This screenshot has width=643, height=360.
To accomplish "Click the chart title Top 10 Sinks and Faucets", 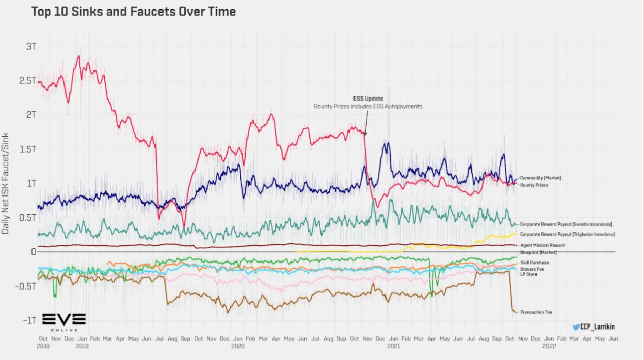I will (133, 11).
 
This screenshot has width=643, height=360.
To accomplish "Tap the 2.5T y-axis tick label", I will (27, 81).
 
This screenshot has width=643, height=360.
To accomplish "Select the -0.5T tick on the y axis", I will (25, 286).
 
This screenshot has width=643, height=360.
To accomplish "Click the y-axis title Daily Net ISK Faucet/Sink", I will (6, 183).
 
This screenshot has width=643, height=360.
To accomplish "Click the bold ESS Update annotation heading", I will (368, 99).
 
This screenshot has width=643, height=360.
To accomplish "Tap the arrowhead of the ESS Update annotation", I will (365, 135).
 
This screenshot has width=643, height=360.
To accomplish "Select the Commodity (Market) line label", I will (540, 178).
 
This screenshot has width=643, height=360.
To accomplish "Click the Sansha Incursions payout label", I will (566, 224).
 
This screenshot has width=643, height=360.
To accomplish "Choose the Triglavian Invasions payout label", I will (567, 234).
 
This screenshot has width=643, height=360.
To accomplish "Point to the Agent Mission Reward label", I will (541, 245).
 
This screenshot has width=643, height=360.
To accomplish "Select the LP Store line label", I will (529, 274).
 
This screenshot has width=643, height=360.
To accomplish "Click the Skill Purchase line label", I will (534, 263).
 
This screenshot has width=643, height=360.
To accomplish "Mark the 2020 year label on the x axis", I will (237, 346).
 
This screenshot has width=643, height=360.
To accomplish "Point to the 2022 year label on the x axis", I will (549, 346).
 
